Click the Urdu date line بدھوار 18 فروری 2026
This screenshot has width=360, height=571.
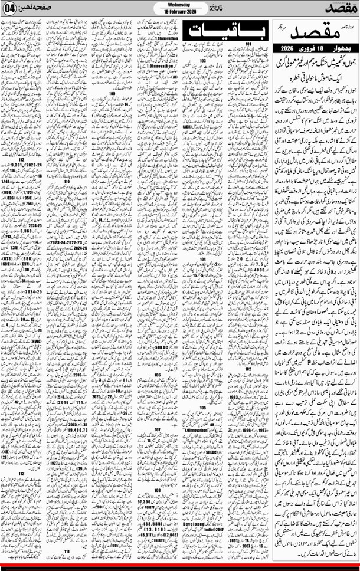(319, 47)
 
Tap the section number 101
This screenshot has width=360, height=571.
(250, 44)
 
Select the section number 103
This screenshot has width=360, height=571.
(202, 60)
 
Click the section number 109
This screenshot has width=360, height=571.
(112, 93)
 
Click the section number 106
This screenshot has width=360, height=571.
(158, 374)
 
